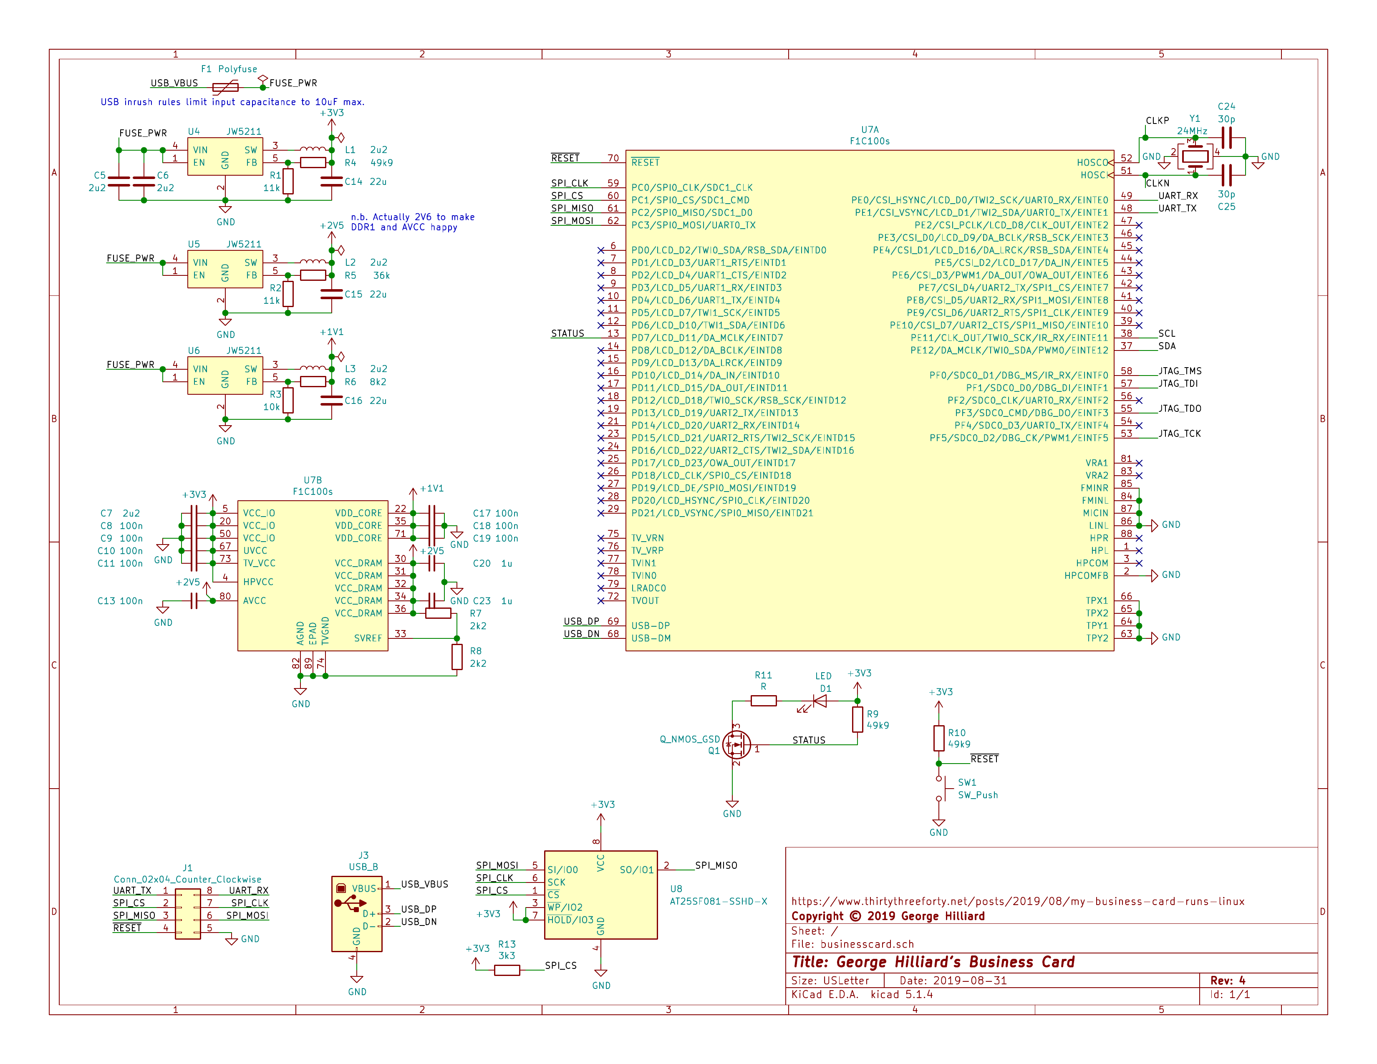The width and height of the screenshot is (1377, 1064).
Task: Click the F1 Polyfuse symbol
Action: pyautogui.click(x=225, y=87)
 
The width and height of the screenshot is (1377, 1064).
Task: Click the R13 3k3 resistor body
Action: pyautogui.click(x=507, y=970)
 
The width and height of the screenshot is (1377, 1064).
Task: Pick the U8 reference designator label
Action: pyautogui.click(x=676, y=889)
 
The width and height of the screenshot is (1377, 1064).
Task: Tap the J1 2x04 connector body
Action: pyautogui.click(x=188, y=914)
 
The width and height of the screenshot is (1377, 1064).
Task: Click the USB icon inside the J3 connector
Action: pyautogui.click(x=350, y=903)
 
